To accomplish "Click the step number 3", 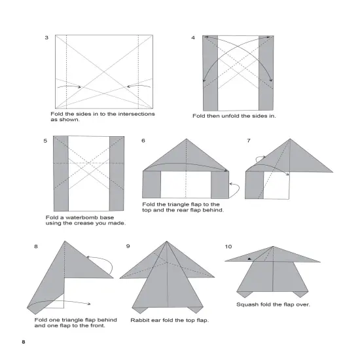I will (46, 37).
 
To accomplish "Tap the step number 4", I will (193, 37).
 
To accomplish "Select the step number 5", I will (46, 141).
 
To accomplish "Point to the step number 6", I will (143, 141).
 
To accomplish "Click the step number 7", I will (248, 141).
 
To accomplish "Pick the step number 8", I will (36, 246).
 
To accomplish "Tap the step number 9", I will (128, 246).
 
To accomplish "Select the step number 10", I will (228, 246).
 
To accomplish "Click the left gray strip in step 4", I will (211, 72).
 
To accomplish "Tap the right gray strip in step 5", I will (117, 173).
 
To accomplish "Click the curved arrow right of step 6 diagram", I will (236, 190).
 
